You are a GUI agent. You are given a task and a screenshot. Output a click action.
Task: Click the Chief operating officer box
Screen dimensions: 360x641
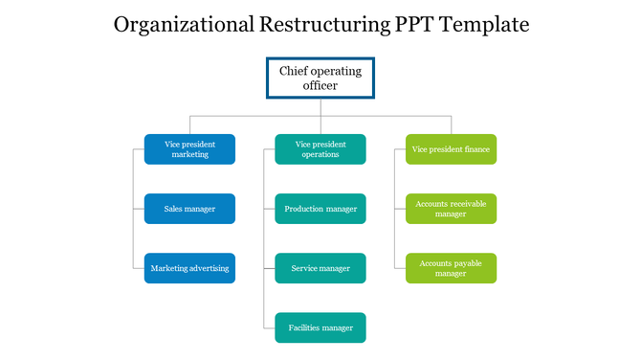[x=320, y=78]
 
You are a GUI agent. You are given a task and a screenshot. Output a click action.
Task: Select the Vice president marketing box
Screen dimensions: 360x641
[x=189, y=149]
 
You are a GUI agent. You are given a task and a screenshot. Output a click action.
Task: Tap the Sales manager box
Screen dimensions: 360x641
[x=189, y=209]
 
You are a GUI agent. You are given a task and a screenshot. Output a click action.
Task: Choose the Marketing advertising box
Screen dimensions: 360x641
[x=189, y=268]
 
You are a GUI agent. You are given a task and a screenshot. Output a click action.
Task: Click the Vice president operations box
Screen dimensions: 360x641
[x=320, y=149]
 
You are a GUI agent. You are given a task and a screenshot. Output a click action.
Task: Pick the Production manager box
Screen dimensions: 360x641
[x=320, y=209]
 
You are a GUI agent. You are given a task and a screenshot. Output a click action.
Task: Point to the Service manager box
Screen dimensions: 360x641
[x=320, y=268]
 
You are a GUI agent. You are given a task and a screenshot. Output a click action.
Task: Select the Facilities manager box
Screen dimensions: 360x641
[x=320, y=327]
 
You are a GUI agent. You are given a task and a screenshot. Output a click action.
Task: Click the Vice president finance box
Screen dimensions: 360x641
[x=451, y=149]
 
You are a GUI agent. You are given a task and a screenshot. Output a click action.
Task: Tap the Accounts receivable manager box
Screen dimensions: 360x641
[x=451, y=209]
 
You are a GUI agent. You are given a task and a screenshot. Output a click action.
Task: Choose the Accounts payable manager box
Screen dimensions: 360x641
[x=451, y=268]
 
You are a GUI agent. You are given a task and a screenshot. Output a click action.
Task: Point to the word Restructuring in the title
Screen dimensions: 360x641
[x=324, y=25]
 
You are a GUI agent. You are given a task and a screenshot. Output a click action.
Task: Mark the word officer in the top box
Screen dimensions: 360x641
[x=320, y=86]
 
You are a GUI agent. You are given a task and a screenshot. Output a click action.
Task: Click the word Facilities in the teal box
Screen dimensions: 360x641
[x=304, y=327]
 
